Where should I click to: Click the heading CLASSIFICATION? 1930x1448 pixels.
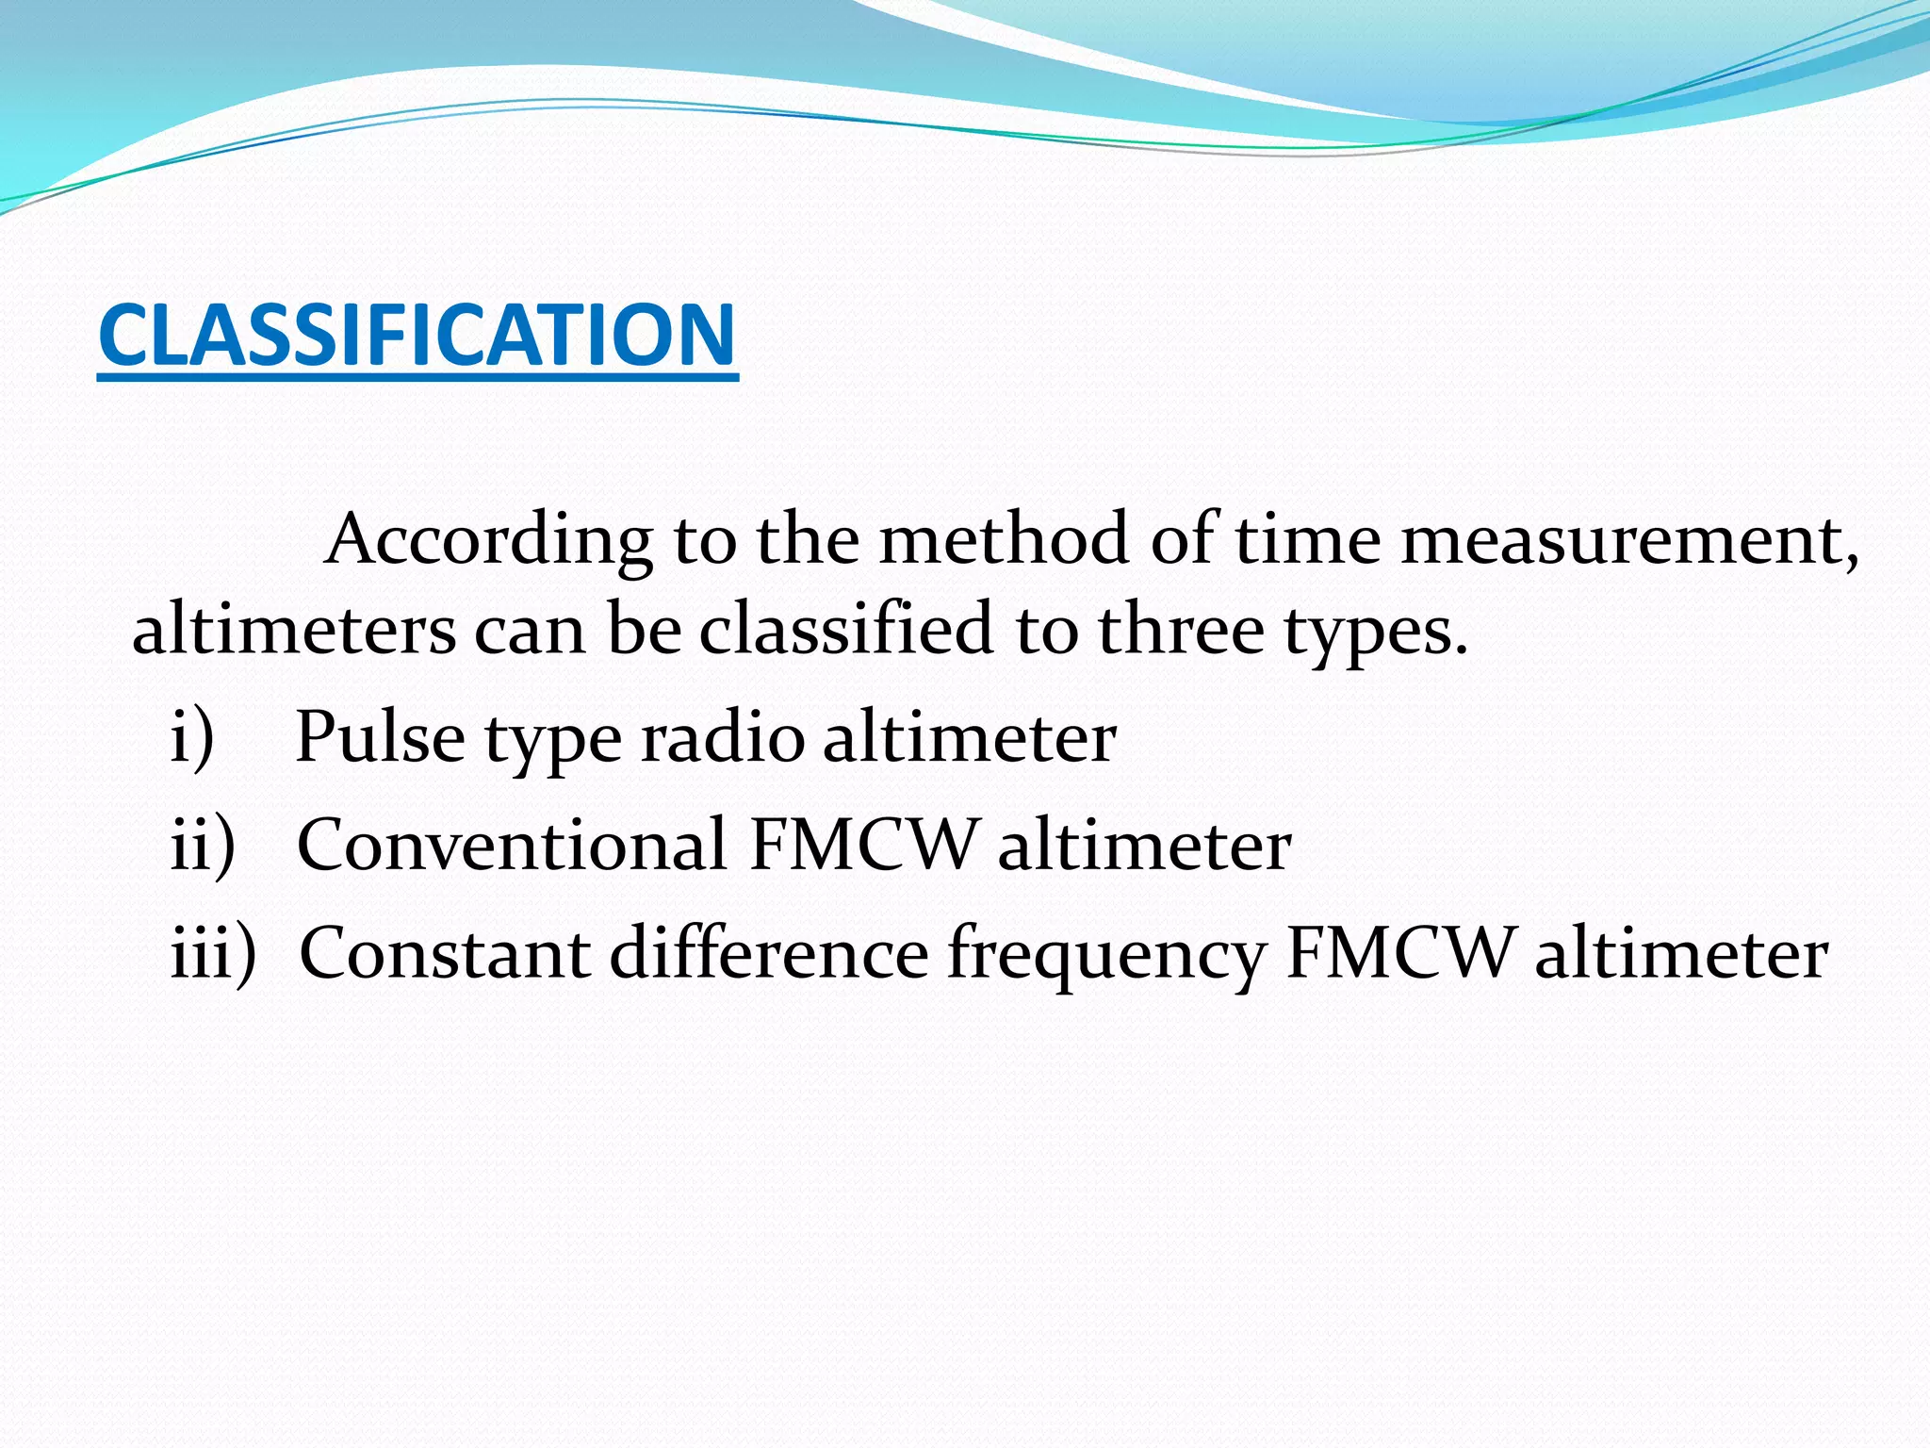417,336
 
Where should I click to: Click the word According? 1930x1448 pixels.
488,540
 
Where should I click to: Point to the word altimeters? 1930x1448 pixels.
293,630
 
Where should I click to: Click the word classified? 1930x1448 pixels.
846,630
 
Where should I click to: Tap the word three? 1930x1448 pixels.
1181,630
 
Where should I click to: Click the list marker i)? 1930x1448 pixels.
193,738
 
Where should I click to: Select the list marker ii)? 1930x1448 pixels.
203,846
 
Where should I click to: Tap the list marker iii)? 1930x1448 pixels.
213,954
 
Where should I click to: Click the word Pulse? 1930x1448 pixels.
380,738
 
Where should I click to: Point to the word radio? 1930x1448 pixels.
723,738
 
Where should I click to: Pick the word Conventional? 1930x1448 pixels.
512,846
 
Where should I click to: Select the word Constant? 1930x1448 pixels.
445,954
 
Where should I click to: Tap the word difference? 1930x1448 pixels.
769,954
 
